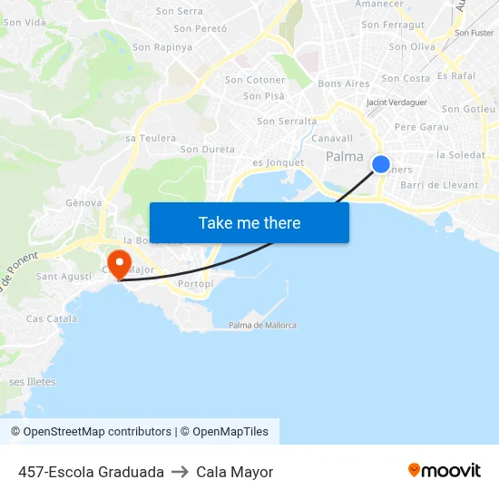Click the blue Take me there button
pos(249,222)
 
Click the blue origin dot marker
pos(381,164)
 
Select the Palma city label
pos(345,156)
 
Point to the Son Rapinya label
pos(162,47)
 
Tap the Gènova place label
pos(83,203)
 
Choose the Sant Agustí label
pos(64,277)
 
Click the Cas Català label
pos(52,319)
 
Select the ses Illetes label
pos(33,382)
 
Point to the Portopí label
pos(196,284)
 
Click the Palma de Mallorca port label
pos(262,326)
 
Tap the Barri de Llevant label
pos(439,185)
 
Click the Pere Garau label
pos(422,127)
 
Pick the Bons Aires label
pos(345,83)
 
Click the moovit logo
pos(445,471)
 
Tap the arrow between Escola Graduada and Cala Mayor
pos(180,472)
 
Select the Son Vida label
pos(24,21)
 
